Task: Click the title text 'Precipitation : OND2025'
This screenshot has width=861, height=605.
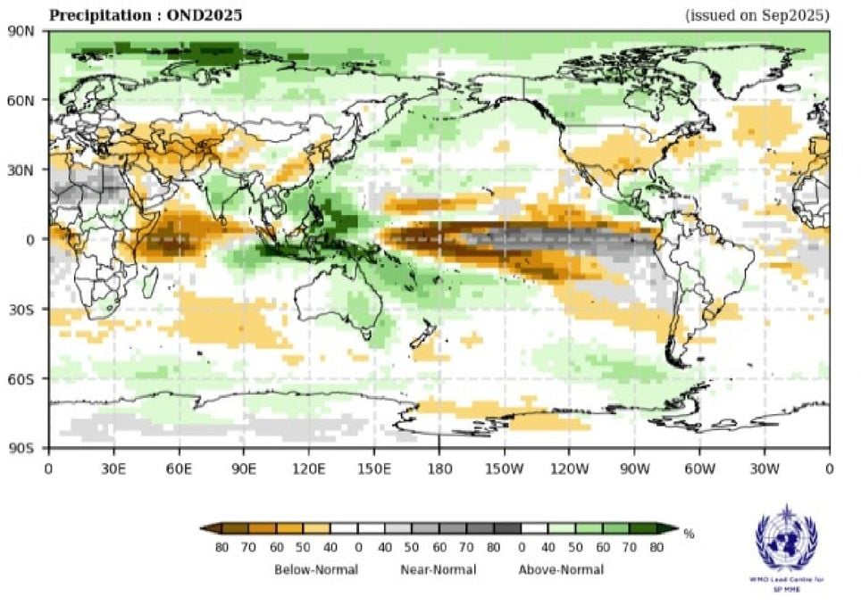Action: pyautogui.click(x=145, y=15)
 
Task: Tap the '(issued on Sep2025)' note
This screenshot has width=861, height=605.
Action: pyautogui.click(x=757, y=15)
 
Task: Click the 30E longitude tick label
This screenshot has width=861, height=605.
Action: pyautogui.click(x=113, y=467)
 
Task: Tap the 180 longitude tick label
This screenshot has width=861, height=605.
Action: pyautogui.click(x=439, y=467)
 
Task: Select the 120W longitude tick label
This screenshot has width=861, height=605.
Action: pyautogui.click(x=569, y=467)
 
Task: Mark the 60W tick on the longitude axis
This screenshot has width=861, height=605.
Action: pyautogui.click(x=699, y=467)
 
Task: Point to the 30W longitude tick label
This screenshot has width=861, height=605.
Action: pyautogui.click(x=765, y=467)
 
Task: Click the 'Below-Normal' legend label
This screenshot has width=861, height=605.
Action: pyautogui.click(x=316, y=569)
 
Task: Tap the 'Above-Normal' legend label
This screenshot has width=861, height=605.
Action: pyautogui.click(x=561, y=569)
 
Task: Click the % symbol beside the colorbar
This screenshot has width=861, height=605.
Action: pyautogui.click(x=689, y=535)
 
